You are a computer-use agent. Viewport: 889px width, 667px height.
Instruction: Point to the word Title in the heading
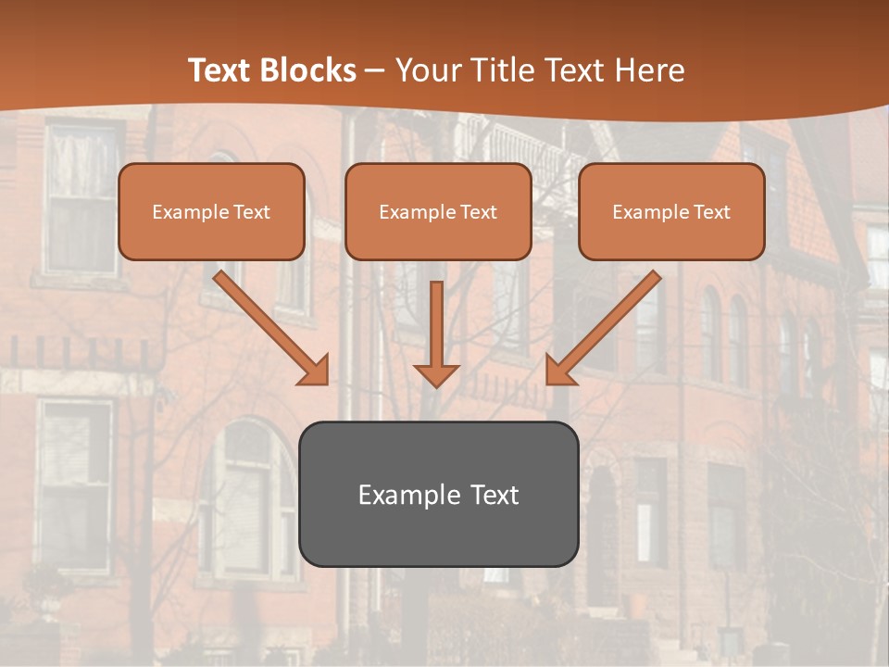[x=498, y=70]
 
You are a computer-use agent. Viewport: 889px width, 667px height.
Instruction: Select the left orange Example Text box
[x=211, y=211]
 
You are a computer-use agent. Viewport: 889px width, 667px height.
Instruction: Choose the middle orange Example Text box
[x=438, y=211]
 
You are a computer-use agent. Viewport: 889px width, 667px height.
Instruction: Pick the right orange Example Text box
[x=671, y=211]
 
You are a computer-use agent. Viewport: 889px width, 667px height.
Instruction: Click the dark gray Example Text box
[x=438, y=494]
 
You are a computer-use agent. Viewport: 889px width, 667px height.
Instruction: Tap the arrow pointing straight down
[x=436, y=333]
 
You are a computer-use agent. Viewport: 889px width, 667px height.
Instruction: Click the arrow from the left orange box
[x=271, y=328]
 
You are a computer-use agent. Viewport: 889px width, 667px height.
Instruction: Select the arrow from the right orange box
[x=603, y=328]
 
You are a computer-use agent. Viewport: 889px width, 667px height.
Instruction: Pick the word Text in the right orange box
[x=711, y=212]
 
